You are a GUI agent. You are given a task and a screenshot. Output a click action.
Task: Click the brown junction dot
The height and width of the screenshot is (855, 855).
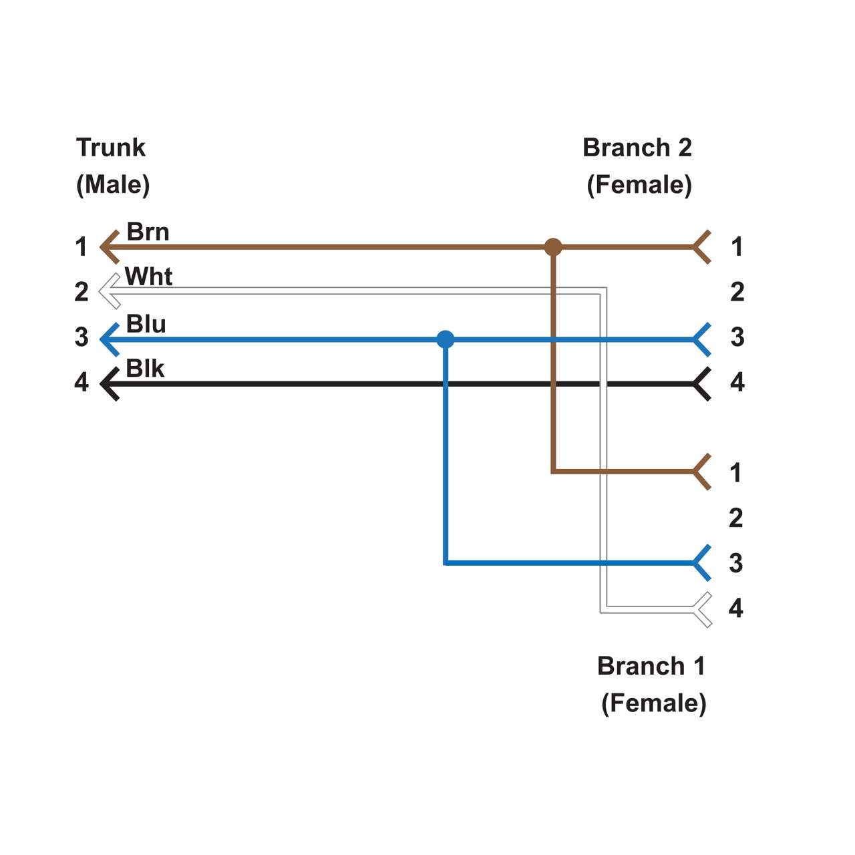(x=553, y=247)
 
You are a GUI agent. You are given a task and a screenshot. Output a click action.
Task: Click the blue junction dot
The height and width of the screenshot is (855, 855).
(x=446, y=340)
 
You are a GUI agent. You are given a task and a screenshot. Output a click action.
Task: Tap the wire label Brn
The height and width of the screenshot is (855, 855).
(x=148, y=232)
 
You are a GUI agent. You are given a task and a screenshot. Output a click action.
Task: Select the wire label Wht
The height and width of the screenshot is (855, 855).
(x=149, y=277)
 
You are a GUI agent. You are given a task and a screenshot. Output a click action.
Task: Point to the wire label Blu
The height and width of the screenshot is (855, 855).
(x=146, y=324)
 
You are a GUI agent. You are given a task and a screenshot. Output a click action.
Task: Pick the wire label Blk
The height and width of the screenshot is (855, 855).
(x=145, y=369)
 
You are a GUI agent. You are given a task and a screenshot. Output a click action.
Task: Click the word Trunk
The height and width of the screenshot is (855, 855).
(x=110, y=148)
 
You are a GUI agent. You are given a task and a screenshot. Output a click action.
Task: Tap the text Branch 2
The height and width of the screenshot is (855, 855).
(x=637, y=148)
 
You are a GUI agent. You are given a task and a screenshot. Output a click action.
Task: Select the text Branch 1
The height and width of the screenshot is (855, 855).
(x=651, y=666)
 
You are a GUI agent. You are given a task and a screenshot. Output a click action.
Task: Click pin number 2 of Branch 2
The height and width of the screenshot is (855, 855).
(x=737, y=292)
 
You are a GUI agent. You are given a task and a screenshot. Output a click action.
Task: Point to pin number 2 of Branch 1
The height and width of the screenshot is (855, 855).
(x=735, y=518)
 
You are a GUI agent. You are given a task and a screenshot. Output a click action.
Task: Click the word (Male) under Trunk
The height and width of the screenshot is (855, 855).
(x=113, y=184)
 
